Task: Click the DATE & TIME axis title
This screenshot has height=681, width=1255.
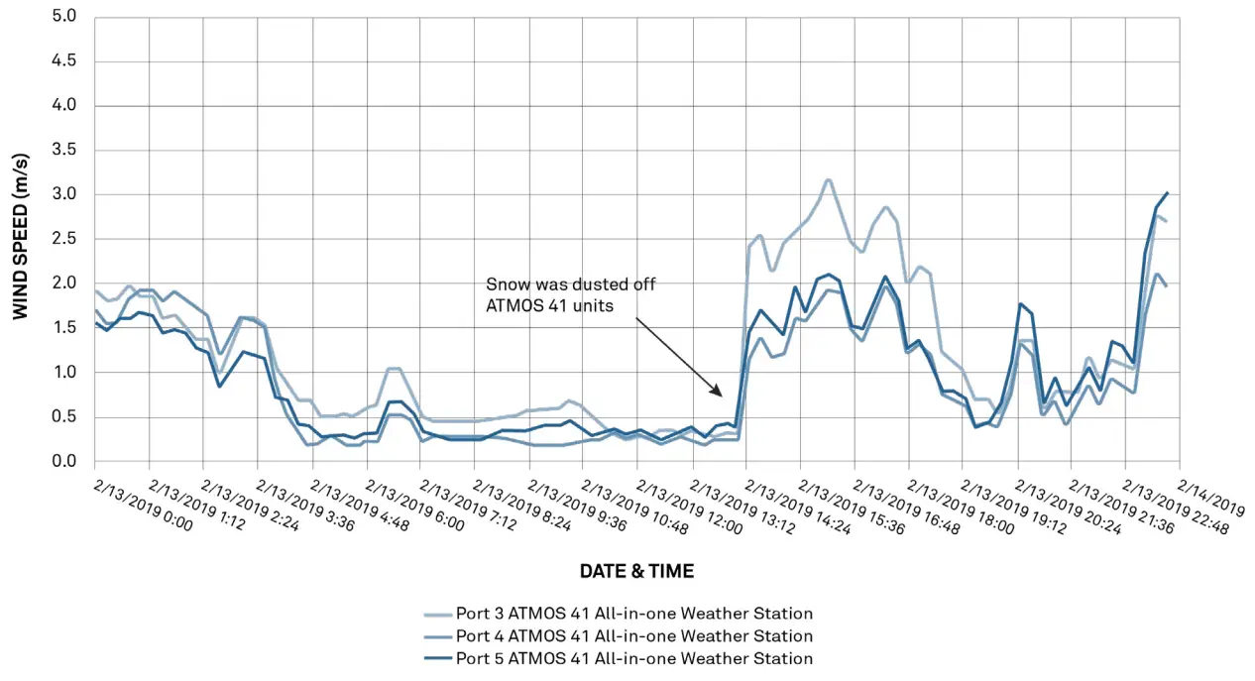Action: [636, 572]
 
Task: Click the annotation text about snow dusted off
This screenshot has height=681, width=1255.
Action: [570, 295]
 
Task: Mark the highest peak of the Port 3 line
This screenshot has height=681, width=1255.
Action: [828, 180]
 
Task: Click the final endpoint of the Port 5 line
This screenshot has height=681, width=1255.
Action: [1168, 192]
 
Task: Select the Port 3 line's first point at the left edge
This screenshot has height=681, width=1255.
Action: [96, 290]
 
